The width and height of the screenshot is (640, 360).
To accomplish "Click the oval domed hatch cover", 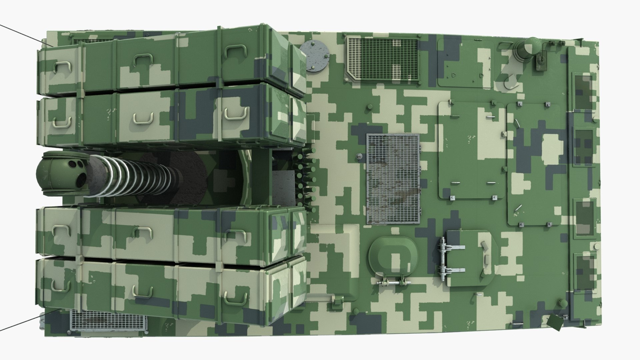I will click(x=393, y=257).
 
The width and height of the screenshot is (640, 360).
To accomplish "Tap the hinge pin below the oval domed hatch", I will click(x=394, y=283).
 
